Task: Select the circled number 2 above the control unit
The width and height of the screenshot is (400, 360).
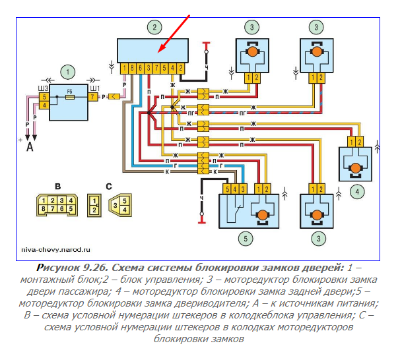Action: (154, 28)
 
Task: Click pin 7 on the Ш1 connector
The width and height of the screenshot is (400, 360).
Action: (93, 97)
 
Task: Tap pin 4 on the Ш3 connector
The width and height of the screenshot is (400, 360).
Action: (44, 105)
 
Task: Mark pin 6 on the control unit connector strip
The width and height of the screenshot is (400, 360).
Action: (140, 68)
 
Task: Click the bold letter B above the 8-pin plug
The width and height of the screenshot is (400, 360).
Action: (57, 185)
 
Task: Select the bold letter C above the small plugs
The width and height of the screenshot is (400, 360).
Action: (108, 185)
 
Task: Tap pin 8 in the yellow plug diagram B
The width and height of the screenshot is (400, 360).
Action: (42, 208)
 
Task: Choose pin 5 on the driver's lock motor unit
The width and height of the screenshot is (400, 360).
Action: (226, 190)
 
